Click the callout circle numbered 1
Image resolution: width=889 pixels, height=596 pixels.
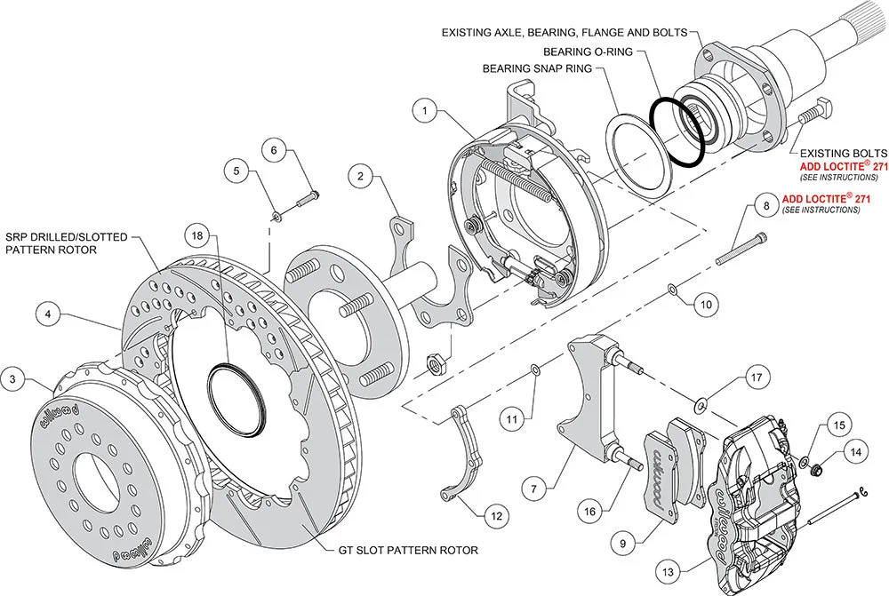[426, 112]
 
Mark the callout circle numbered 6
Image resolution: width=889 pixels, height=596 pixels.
[274, 151]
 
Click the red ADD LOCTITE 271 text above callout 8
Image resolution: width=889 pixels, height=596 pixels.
[822, 198]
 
